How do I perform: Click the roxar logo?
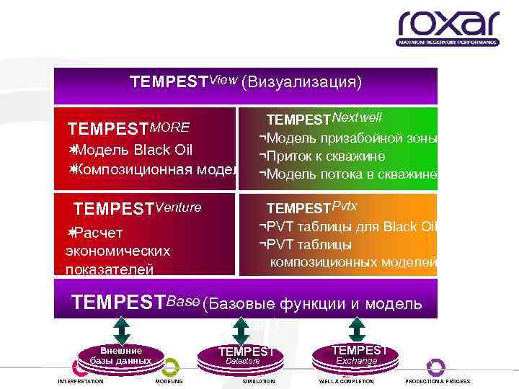tap(448, 28)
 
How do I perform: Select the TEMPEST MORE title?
tap(128, 128)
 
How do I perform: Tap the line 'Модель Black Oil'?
tap(130, 150)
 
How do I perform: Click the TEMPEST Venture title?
tap(138, 209)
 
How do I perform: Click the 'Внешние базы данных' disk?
tap(120, 354)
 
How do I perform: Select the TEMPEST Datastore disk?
tap(247, 354)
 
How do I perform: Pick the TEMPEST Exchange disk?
tap(357, 354)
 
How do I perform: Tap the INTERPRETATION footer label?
tap(80, 381)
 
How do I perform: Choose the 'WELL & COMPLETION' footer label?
tap(346, 381)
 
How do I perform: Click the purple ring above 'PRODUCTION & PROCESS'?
tap(435, 366)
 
